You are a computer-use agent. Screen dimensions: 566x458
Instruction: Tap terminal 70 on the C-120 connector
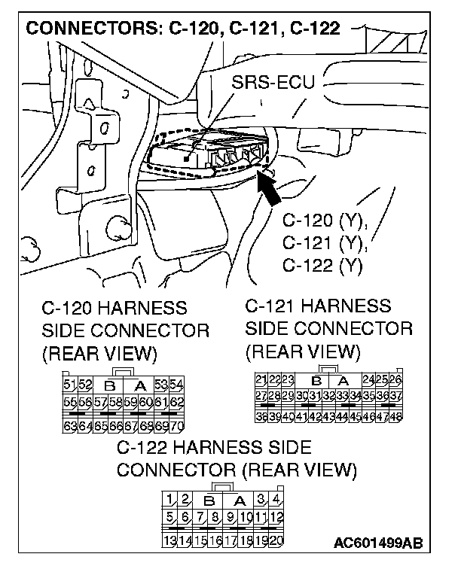pyautogui.click(x=177, y=427)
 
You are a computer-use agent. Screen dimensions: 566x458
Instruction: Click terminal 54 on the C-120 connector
pyautogui.click(x=177, y=385)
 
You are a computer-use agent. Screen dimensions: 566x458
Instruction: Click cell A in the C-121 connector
pyautogui.click(x=343, y=379)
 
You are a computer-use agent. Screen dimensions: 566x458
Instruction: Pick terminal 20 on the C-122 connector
pyautogui.click(x=275, y=540)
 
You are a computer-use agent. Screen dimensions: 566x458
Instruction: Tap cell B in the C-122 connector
pyautogui.click(x=209, y=500)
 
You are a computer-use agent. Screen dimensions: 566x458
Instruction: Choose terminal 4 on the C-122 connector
pyautogui.click(x=276, y=499)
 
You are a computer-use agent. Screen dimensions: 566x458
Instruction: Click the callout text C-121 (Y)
pyautogui.click(x=323, y=242)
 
